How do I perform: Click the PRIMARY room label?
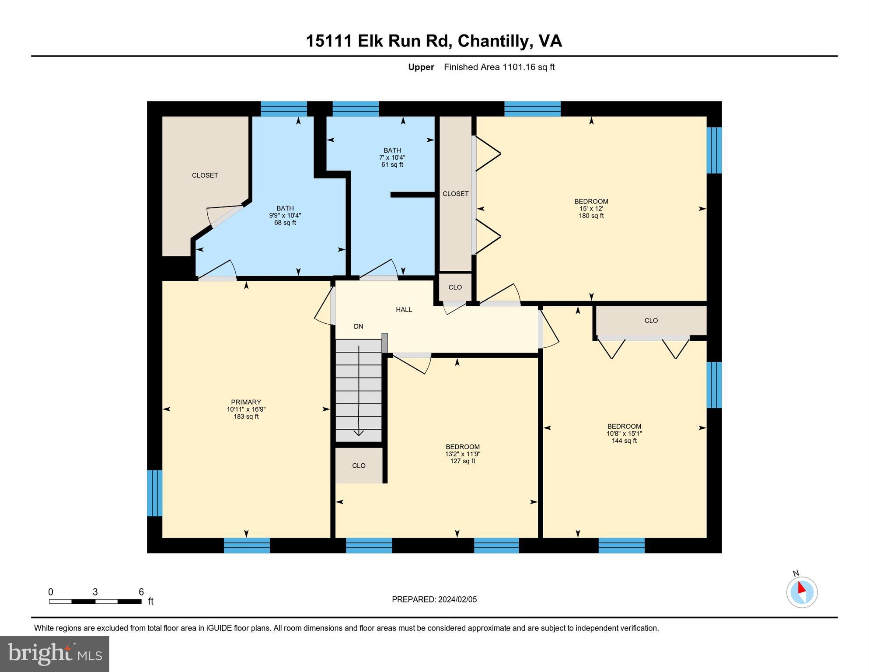pyautogui.click(x=246, y=402)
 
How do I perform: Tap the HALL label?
pyautogui.click(x=404, y=310)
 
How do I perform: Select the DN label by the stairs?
pyautogui.click(x=358, y=326)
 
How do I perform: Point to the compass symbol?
pyautogui.click(x=802, y=592)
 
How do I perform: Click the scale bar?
pyautogui.click(x=95, y=602)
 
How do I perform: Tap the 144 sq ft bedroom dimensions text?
pyautogui.click(x=624, y=434)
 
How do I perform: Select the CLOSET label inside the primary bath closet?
pyautogui.click(x=205, y=175)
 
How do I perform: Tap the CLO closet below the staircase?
pyautogui.click(x=359, y=465)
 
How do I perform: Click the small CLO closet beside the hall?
pyautogui.click(x=455, y=287)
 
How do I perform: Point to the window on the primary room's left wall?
pyautogui.click(x=154, y=493)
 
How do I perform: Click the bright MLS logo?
pyautogui.click(x=55, y=654)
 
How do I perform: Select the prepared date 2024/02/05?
pyautogui.click(x=456, y=599)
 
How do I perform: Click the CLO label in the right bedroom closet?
pyautogui.click(x=651, y=321)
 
